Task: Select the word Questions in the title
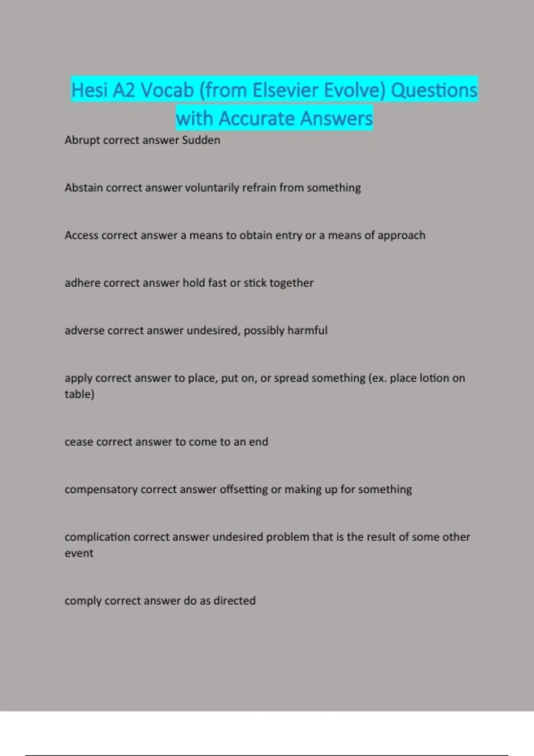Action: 434,90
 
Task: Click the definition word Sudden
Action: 201,140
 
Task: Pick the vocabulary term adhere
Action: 82,283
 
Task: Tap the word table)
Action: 79,394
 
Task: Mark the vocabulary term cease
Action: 79,442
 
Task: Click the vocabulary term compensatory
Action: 101,490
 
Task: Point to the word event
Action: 79,553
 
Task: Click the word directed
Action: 235,601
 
